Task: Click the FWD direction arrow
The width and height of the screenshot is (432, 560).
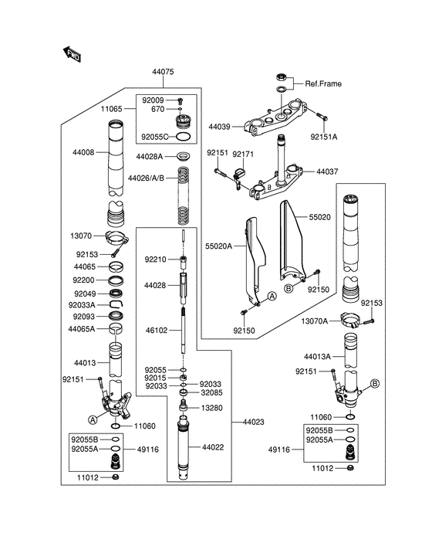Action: pyautogui.click(x=72, y=54)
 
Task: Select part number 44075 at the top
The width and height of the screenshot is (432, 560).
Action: pyautogui.click(x=163, y=72)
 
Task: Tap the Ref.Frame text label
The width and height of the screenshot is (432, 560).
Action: pyautogui.click(x=323, y=84)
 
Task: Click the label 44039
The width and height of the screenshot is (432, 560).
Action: pyautogui.click(x=219, y=127)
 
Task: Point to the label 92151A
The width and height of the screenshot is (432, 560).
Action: pyautogui.click(x=323, y=137)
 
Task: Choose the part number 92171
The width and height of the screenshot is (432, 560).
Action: pyautogui.click(x=243, y=154)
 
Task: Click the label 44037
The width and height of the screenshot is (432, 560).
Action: pyautogui.click(x=327, y=171)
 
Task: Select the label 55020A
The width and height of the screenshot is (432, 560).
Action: pyautogui.click(x=218, y=246)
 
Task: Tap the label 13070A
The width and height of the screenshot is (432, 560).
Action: pyautogui.click(x=314, y=321)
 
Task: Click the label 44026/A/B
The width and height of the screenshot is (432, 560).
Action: pyautogui.click(x=146, y=178)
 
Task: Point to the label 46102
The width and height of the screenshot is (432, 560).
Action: pyautogui.click(x=157, y=331)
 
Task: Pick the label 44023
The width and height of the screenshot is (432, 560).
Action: pyautogui.click(x=254, y=423)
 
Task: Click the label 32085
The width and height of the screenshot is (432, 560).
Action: pyautogui.click(x=211, y=393)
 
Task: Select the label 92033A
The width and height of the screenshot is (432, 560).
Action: pyautogui.click(x=82, y=305)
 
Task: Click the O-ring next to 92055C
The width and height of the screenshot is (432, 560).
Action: pyautogui.click(x=183, y=137)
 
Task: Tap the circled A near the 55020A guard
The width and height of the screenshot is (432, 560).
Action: pyautogui.click(x=272, y=296)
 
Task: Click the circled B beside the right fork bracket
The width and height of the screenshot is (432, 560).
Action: pyautogui.click(x=375, y=384)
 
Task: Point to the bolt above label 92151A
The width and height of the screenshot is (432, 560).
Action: pyautogui.click(x=322, y=116)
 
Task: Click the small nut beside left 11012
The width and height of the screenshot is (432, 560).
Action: pyautogui.click(x=115, y=477)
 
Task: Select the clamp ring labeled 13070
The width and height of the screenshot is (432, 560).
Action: pyautogui.click(x=116, y=238)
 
